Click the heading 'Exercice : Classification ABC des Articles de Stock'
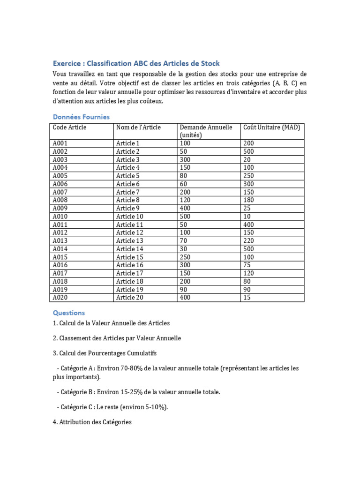click(136, 63)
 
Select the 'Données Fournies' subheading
click(81, 117)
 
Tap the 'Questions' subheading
click(69, 313)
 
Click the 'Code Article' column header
click(69, 127)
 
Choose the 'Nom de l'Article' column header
click(138, 127)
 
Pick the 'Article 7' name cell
click(127, 192)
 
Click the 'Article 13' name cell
click(129, 241)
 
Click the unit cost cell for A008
click(248, 200)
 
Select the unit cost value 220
click(248, 241)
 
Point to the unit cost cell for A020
click(247, 298)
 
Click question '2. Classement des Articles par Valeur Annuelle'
click(117, 338)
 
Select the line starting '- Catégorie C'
click(112, 407)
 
